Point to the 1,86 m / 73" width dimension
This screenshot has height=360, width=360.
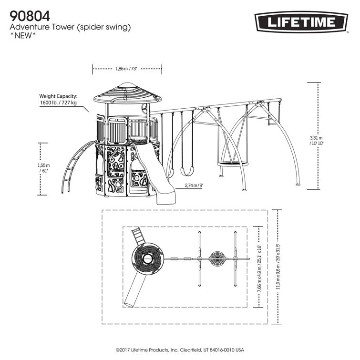click(x=126, y=69)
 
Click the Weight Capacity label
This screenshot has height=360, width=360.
click(x=58, y=96)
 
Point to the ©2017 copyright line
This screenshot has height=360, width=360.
click(x=180, y=349)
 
